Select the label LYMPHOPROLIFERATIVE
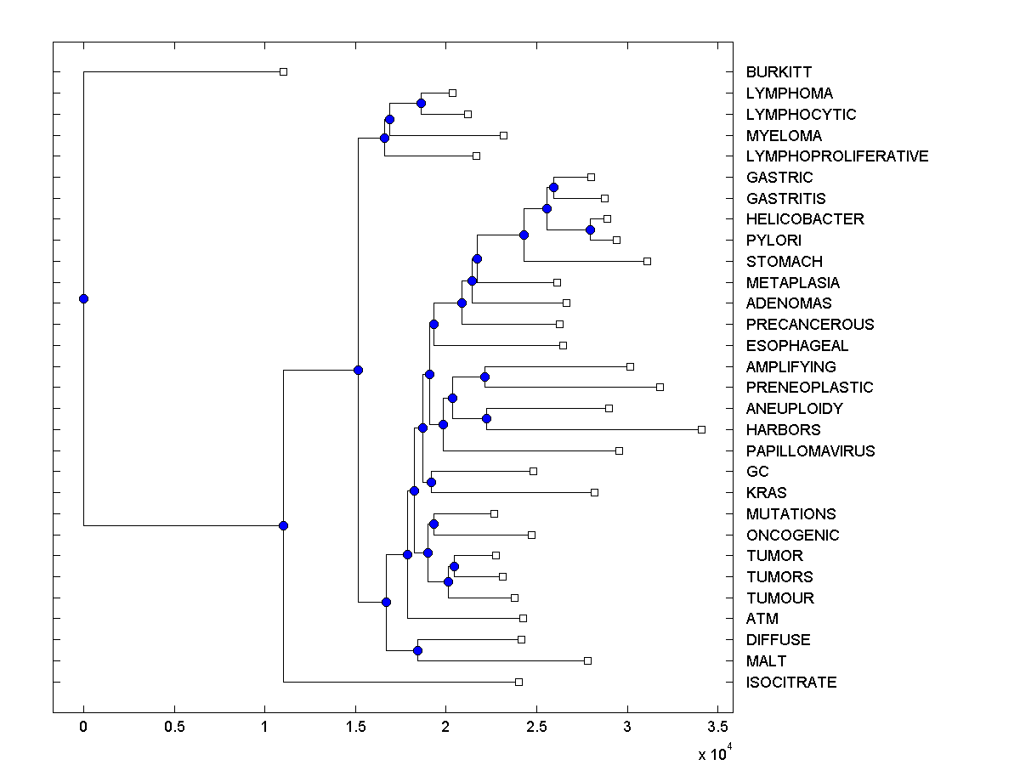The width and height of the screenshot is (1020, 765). point(836,156)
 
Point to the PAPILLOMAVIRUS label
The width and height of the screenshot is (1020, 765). point(809,451)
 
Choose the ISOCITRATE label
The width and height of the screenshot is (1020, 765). point(790,683)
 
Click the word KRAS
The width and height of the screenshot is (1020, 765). point(766,493)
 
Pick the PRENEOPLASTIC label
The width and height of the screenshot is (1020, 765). point(809,388)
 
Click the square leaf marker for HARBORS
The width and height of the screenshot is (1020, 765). point(701,429)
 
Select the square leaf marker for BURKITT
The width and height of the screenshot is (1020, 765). point(284,71)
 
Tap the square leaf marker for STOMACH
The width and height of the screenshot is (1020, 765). point(647,261)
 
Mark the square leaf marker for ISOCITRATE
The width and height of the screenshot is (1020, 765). point(518,682)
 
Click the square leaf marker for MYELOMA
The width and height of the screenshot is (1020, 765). point(503,135)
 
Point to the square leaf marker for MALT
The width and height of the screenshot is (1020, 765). point(587,660)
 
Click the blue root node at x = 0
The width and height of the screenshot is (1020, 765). point(83,298)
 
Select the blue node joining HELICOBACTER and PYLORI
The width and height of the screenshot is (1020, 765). point(590,229)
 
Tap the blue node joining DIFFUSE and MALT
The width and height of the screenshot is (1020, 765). point(417,650)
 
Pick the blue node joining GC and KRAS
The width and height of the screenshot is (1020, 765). point(431,482)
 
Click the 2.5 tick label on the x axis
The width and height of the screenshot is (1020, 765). point(536,728)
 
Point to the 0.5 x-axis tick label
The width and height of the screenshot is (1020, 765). point(174,728)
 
